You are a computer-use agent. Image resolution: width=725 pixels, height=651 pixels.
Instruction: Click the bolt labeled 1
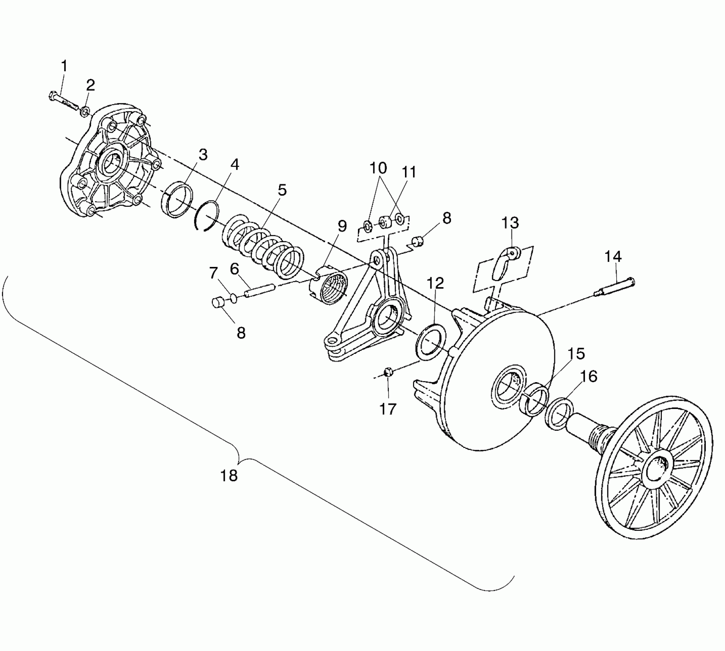coord(64,100)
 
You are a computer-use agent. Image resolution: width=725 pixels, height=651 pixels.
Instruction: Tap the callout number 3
coord(203,155)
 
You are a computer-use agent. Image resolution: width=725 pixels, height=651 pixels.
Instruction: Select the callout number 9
coord(342,226)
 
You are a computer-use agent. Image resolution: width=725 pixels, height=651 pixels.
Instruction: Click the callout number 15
coord(576,354)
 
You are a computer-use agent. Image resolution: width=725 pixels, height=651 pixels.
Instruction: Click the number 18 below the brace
coord(229,476)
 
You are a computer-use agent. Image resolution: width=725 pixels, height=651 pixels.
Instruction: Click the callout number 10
coord(378,168)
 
